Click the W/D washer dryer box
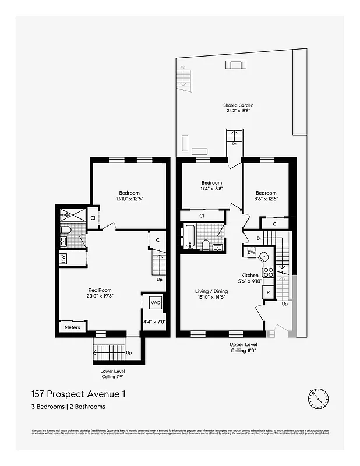click(156, 303)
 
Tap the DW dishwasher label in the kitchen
click(251, 252)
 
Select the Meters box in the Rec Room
click(72, 327)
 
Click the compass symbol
click(318, 398)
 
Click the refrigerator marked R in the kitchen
click(269, 292)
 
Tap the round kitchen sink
click(263, 255)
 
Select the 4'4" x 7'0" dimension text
click(155, 322)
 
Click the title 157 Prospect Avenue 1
click(77, 394)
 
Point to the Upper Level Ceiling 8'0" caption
click(243, 348)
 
